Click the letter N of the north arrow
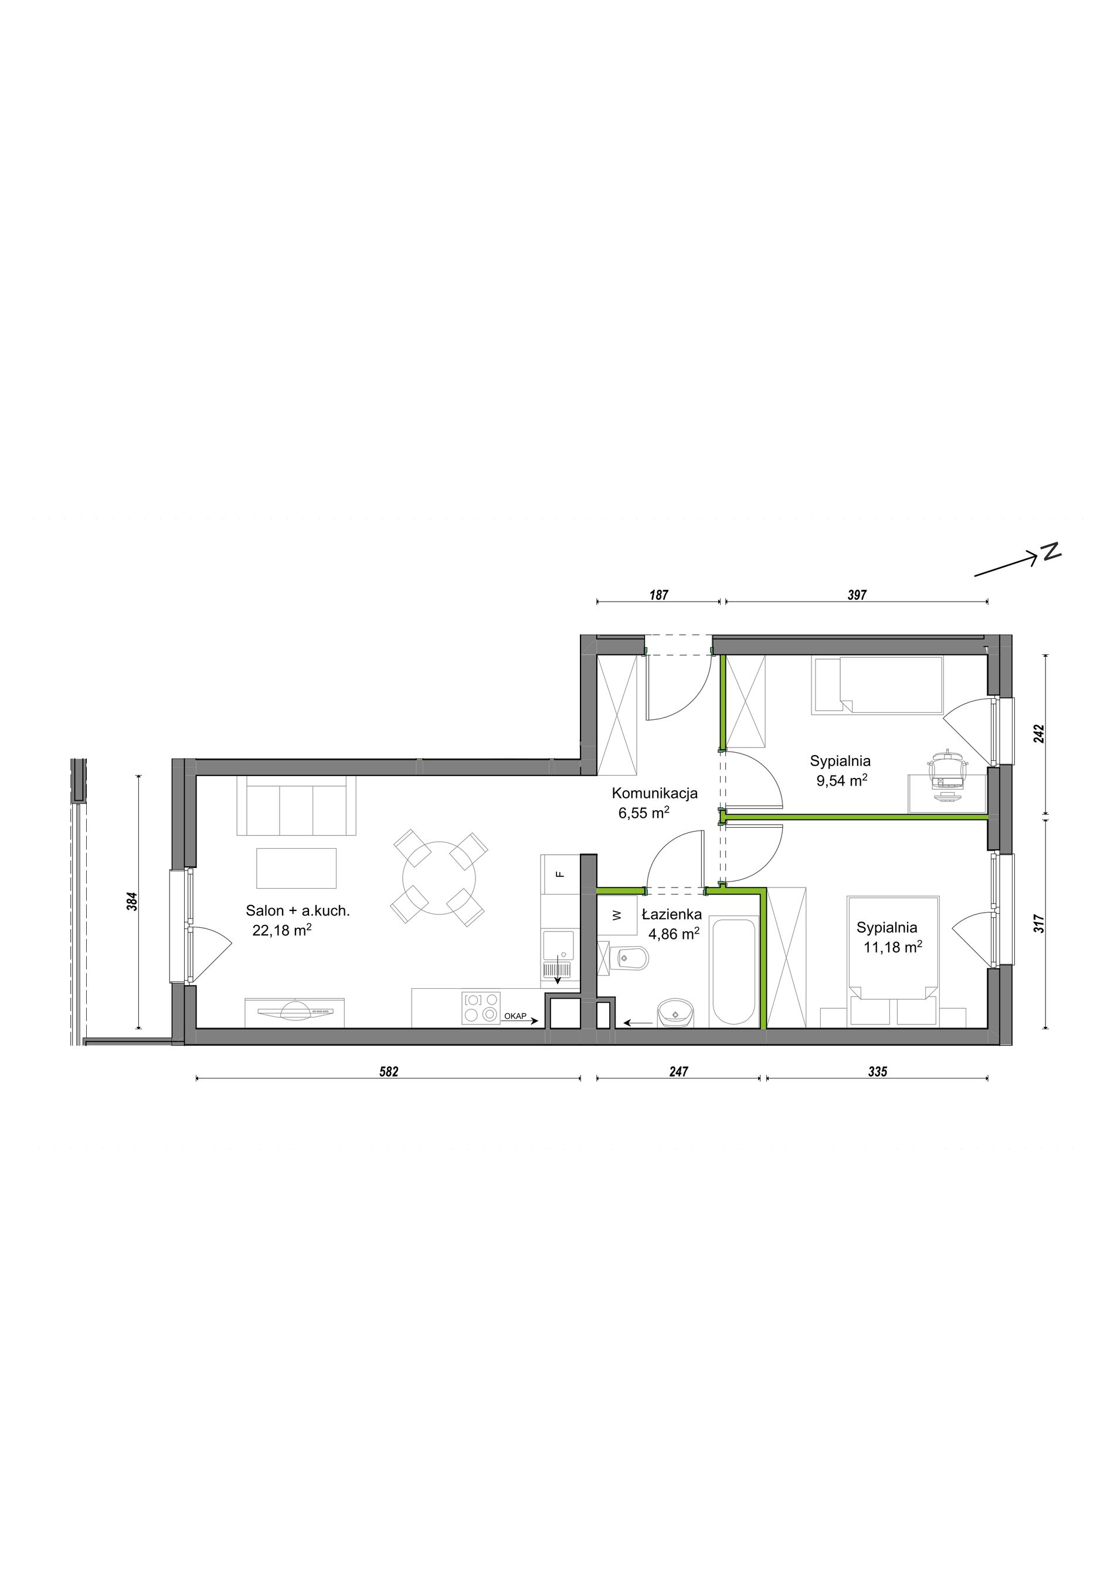[x=1051, y=552]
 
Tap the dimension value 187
[x=658, y=595]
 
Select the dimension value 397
[x=857, y=595]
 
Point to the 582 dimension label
[x=389, y=1071]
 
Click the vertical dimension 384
[x=133, y=901]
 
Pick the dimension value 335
[x=877, y=1071]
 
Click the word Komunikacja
[x=654, y=793]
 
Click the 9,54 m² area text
[x=842, y=780]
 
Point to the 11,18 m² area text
[x=892, y=947]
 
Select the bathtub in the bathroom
[x=734, y=972]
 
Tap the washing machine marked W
[x=617, y=914]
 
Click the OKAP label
[x=515, y=1016]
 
